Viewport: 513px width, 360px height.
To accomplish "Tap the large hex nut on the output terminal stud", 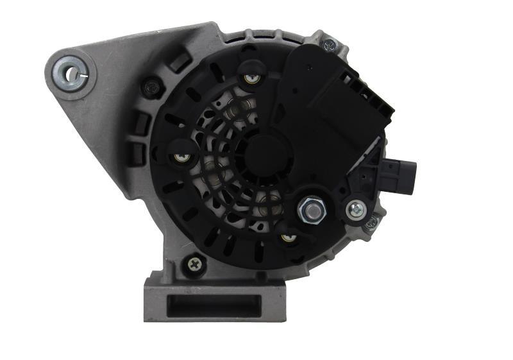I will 311,209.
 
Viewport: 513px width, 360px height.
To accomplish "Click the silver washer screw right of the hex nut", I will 355,209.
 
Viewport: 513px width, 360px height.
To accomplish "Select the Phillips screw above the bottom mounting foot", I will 193,262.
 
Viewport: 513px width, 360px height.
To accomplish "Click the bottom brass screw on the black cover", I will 289,238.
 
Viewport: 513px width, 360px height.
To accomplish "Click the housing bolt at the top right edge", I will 330,44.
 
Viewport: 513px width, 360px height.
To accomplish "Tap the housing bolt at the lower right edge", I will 371,223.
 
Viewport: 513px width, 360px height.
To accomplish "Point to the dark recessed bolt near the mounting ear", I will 151,86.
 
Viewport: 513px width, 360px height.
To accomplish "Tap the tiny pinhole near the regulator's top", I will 309,66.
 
